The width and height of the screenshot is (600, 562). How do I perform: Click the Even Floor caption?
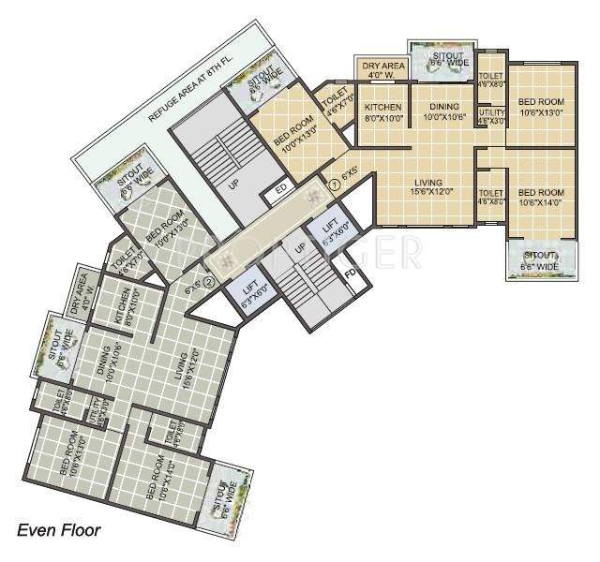pos(58,530)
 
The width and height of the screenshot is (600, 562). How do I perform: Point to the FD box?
pos(350,274)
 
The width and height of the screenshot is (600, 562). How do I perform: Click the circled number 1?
pos(332,183)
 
